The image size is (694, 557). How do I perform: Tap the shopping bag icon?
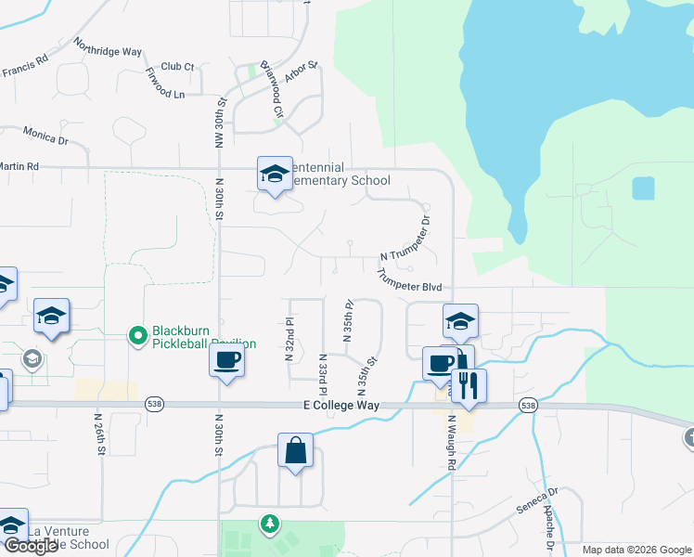[295, 451]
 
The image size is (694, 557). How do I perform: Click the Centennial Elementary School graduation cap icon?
[275, 174]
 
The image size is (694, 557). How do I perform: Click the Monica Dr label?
[46, 136]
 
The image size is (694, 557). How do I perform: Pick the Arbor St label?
[302, 72]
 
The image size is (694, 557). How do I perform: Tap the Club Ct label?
[177, 67]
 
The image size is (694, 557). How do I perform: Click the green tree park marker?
[270, 525]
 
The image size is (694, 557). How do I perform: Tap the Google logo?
[30, 547]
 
